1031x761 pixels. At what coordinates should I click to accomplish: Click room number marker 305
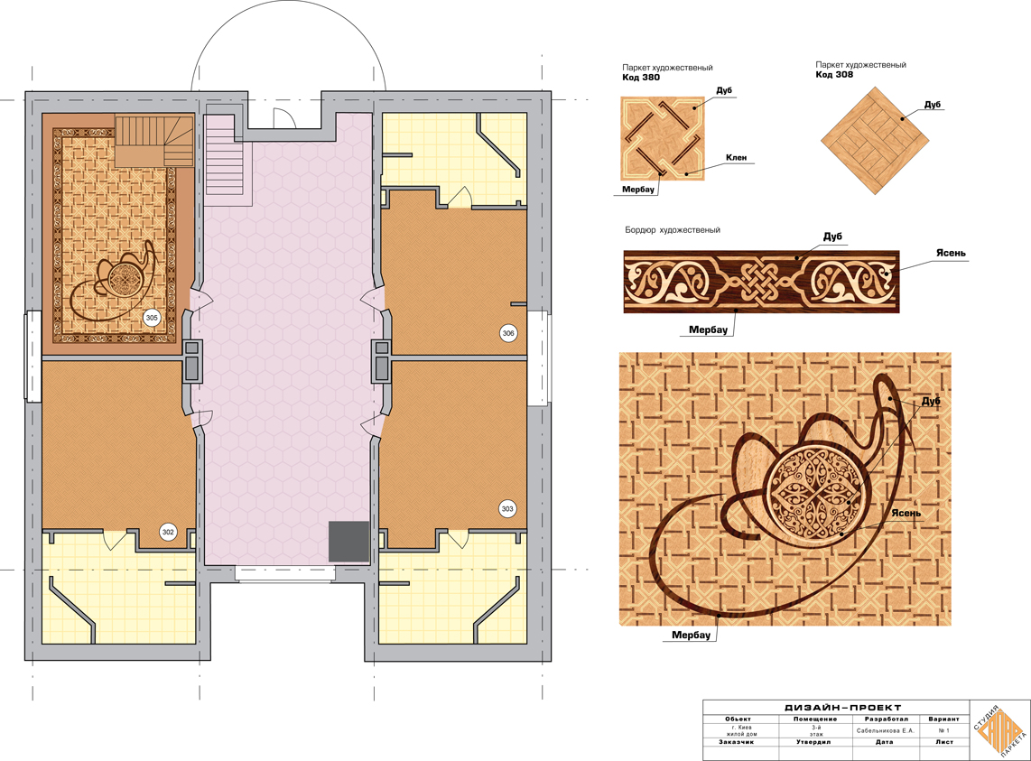point(152,318)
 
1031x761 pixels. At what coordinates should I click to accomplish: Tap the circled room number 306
point(508,333)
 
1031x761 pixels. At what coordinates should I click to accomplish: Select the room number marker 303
point(507,508)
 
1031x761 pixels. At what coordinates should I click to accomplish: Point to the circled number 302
point(168,532)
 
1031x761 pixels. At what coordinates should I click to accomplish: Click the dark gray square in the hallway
point(348,542)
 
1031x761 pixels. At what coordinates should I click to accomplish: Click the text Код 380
point(641,78)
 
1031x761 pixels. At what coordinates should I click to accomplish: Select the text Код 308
point(834,75)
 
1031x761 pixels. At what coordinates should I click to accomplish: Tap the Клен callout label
point(737,158)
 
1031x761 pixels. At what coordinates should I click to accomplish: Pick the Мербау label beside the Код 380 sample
point(638,190)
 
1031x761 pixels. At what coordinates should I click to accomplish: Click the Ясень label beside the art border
point(951,254)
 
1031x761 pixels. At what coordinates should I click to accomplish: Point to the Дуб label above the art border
point(832,237)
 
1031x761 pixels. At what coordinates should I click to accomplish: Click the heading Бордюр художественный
point(673,230)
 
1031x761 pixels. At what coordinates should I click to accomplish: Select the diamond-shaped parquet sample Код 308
point(875,141)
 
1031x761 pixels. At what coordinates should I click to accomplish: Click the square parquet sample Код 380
point(662,139)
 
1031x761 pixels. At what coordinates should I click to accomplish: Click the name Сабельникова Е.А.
point(885,730)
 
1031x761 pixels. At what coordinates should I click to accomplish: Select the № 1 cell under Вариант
point(943,730)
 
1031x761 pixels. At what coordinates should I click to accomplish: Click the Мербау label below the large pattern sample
point(691,636)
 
